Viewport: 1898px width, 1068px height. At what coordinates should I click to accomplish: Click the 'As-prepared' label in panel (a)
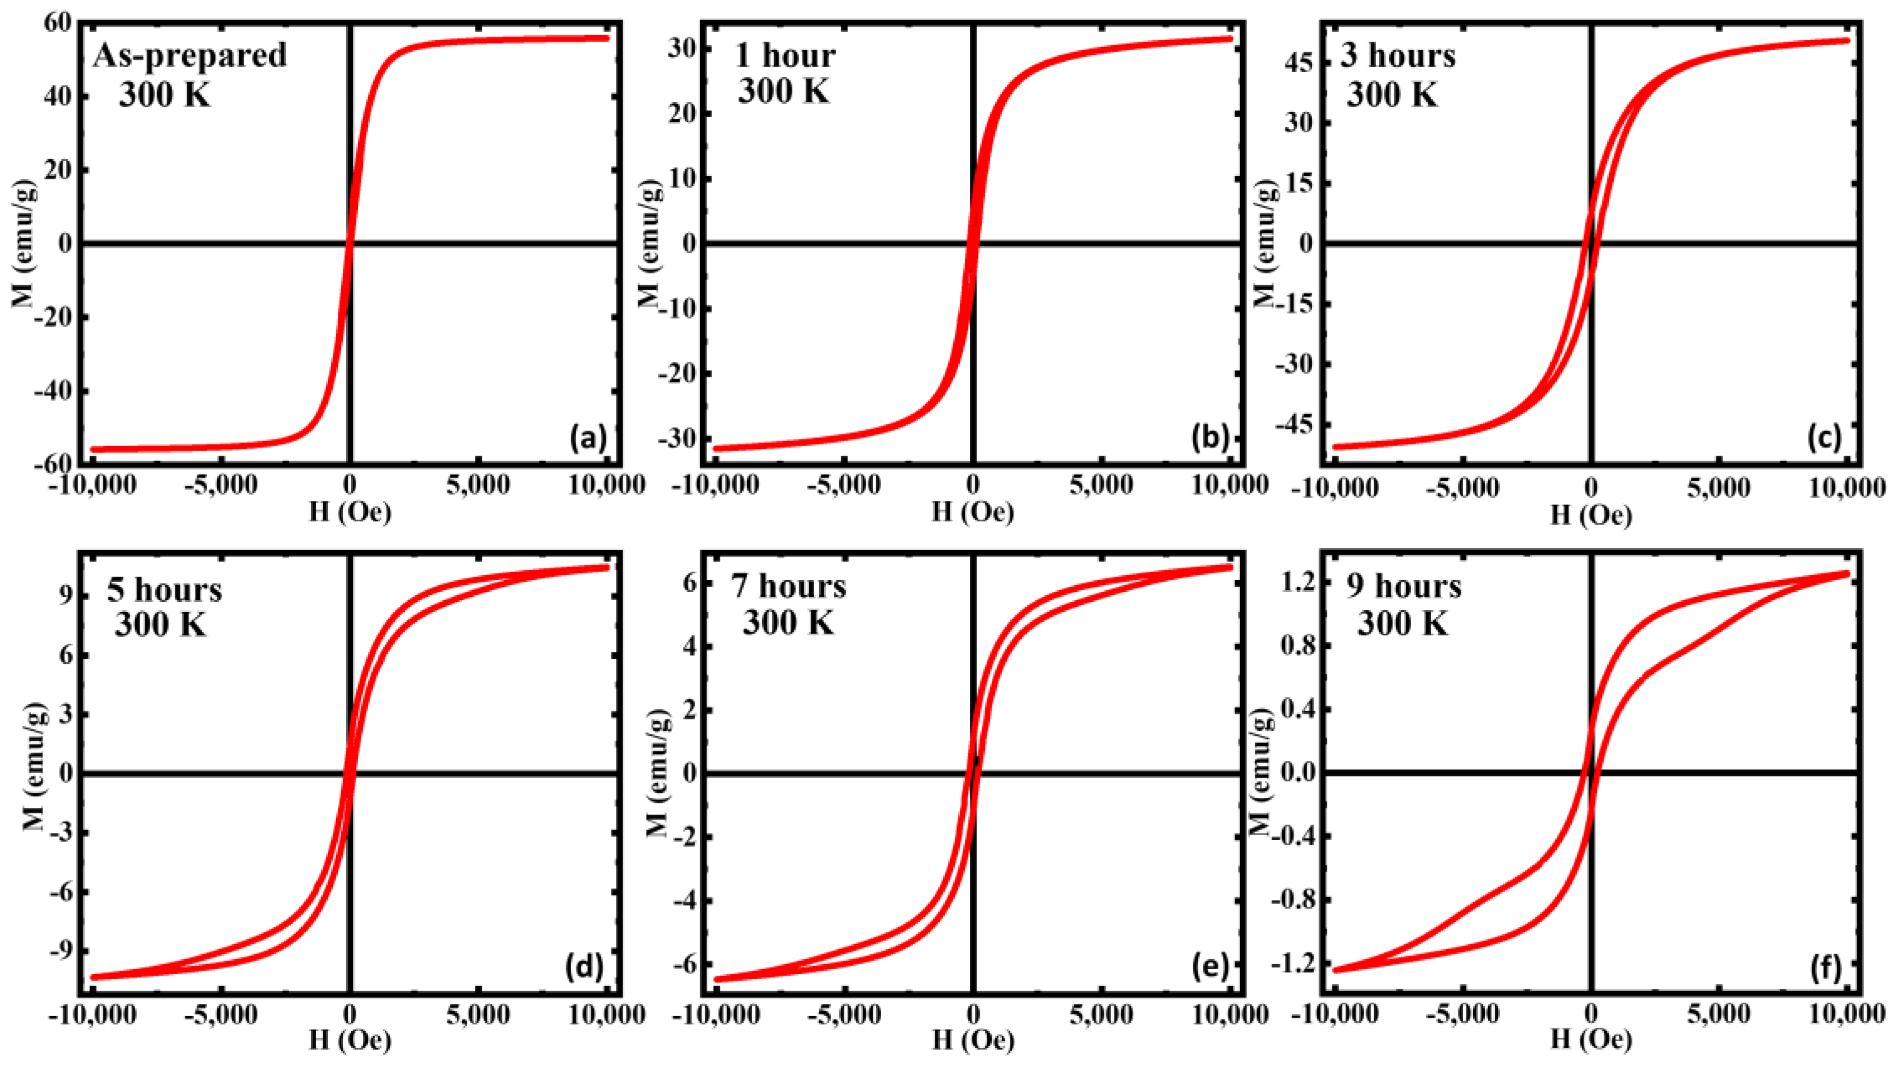[x=189, y=56]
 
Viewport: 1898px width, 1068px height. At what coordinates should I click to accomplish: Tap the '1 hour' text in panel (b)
[x=786, y=56]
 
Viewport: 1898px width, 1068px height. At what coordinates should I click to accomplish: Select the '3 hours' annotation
[x=1398, y=56]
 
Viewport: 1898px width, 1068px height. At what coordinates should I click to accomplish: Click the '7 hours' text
[x=788, y=586]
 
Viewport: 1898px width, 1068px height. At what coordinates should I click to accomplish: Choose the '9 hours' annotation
[x=1404, y=586]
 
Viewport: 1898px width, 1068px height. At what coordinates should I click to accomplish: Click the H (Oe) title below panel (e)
[x=973, y=1040]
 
